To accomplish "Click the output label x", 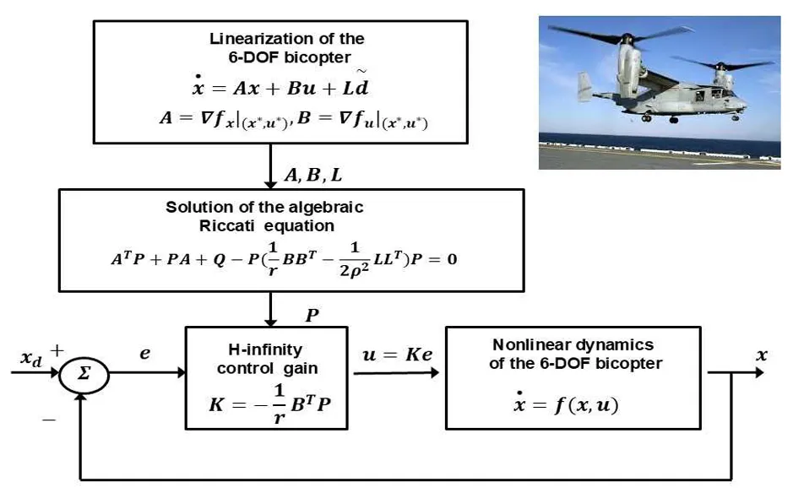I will click(x=762, y=355).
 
